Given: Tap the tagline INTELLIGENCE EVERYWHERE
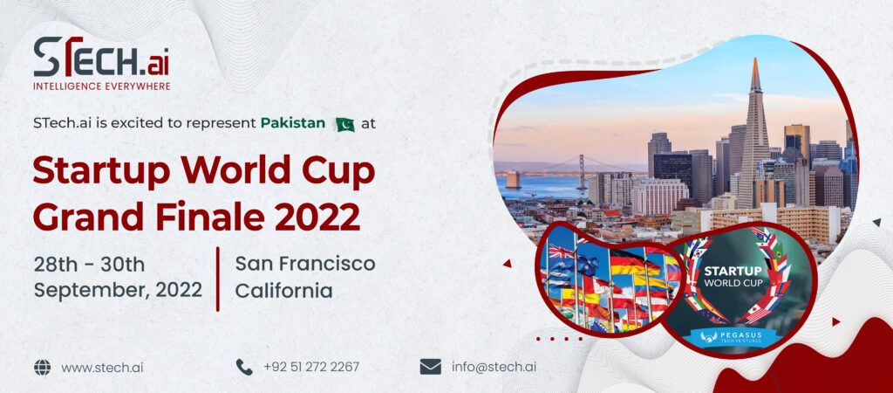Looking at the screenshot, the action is coord(101,86).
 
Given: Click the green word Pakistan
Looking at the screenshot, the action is coord(293,123).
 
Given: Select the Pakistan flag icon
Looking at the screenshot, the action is coord(344,124).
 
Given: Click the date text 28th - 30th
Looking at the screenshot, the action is coord(89,265).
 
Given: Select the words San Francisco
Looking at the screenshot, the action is coord(304,264).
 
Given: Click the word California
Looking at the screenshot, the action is coord(283,290).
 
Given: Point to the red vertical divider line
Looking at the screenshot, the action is coord(217,279).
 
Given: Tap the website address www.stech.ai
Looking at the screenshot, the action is coord(102,368).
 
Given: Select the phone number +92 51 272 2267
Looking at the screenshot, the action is coord(311,367).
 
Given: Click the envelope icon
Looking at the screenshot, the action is coord(431,367).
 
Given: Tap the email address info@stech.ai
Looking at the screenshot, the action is coord(494,367).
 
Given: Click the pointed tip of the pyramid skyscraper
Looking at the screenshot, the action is coord(755,59).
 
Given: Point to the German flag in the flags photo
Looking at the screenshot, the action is coord(633,262).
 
